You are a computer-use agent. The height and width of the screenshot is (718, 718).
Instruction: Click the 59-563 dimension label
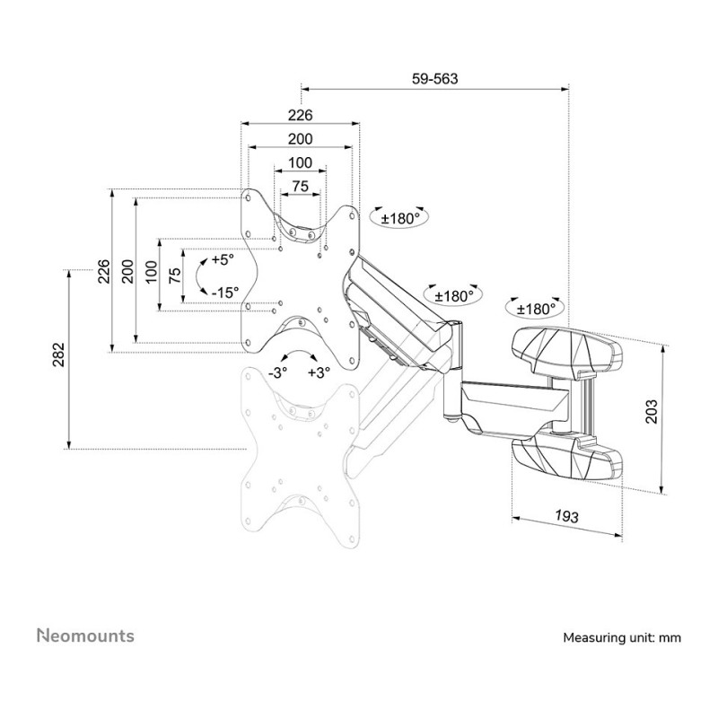[434, 79]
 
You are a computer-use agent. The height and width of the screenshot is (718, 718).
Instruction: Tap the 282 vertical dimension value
[59, 355]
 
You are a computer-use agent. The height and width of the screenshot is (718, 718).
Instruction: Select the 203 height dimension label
[651, 411]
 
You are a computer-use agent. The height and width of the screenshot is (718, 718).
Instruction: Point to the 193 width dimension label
[567, 516]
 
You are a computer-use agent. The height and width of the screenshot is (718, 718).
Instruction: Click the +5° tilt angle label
[223, 259]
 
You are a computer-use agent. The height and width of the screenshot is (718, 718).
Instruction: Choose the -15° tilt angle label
[225, 293]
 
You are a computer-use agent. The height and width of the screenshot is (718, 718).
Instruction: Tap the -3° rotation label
[278, 372]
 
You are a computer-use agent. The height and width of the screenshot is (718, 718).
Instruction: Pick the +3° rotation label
[319, 372]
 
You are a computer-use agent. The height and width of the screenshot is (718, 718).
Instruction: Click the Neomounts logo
[85, 635]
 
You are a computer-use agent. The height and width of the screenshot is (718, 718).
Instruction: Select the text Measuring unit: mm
[622, 637]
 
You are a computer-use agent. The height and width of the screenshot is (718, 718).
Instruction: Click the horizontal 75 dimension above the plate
[300, 187]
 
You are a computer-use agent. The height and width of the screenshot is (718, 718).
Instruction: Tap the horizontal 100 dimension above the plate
[300, 162]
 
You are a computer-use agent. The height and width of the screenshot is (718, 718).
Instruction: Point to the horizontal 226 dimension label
[300, 115]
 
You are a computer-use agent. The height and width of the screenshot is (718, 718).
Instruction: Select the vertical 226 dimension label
[104, 271]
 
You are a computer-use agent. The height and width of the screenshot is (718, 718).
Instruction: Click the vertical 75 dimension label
[175, 276]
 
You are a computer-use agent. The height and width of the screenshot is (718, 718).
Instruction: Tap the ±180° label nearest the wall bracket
[536, 309]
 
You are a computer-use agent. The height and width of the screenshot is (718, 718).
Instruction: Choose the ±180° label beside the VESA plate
[400, 219]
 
